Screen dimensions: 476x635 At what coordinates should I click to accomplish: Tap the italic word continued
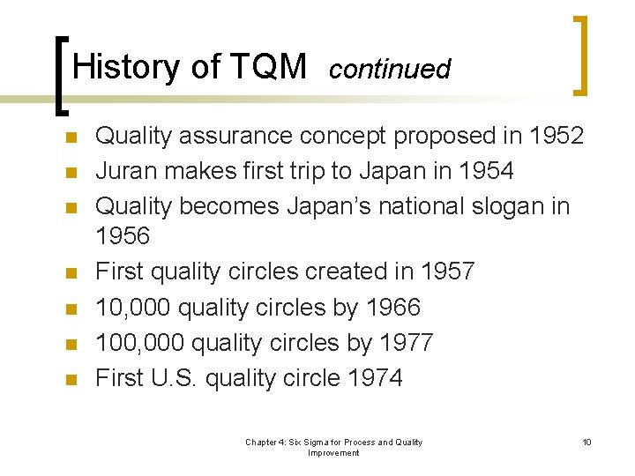pyautogui.click(x=389, y=69)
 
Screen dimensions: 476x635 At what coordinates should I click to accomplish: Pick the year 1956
pyautogui.click(x=123, y=236)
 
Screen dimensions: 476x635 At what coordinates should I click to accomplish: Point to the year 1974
pyautogui.click(x=375, y=378)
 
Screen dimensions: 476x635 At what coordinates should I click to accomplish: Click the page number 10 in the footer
pyautogui.click(x=586, y=442)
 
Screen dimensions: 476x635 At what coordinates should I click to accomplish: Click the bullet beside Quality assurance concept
pyautogui.click(x=71, y=138)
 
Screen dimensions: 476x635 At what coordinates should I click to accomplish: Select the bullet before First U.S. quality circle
pyautogui.click(x=71, y=380)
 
